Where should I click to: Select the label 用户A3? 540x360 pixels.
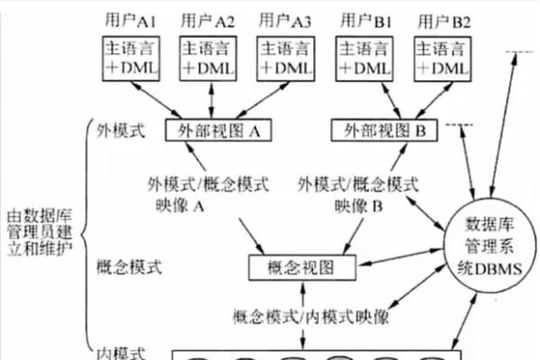coord(287,18)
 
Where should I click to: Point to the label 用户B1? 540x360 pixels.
coord(367,18)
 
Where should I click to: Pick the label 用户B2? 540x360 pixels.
coord(444,18)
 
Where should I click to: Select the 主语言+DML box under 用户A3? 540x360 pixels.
coord(287,58)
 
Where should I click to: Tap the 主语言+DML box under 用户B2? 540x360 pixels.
coord(444,58)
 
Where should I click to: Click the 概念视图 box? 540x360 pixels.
coord(301,266)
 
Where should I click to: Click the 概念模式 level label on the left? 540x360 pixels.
coord(127,266)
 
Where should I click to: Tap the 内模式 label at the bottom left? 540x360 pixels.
coord(119,352)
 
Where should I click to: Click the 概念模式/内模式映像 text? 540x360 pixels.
coord(310,316)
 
